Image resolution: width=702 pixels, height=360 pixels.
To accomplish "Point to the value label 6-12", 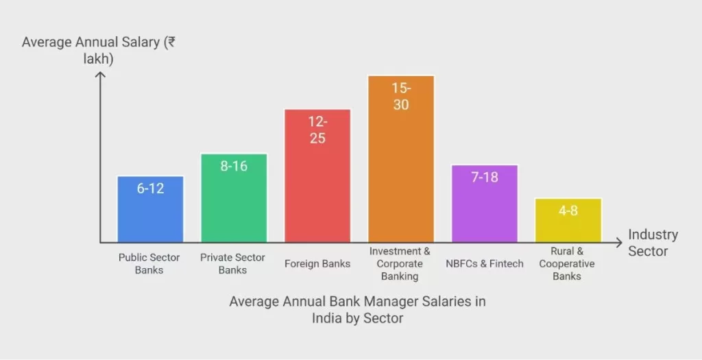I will coord(150,188).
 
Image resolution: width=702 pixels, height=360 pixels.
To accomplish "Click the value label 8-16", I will coord(234,166).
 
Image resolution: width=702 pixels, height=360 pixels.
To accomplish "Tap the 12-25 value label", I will coord(317,130).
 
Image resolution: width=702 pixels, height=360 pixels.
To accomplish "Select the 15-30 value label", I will coord(401,96).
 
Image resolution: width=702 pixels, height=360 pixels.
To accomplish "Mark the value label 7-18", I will coord(485,177).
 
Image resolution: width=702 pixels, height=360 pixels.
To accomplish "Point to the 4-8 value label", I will coord(568,211).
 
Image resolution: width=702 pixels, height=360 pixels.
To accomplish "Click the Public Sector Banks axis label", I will coord(149,264).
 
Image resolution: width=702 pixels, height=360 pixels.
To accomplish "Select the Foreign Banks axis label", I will coord(317,263).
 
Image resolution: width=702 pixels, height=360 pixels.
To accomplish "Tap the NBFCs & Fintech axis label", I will coord(485,263).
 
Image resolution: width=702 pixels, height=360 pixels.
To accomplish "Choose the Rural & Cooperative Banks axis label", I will coord(567,263).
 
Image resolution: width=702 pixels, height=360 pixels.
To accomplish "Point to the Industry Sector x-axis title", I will coord(653,243).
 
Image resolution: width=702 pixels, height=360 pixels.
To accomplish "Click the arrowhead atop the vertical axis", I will coord(100,75).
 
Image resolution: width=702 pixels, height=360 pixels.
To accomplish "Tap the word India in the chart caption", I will coord(330,318).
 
